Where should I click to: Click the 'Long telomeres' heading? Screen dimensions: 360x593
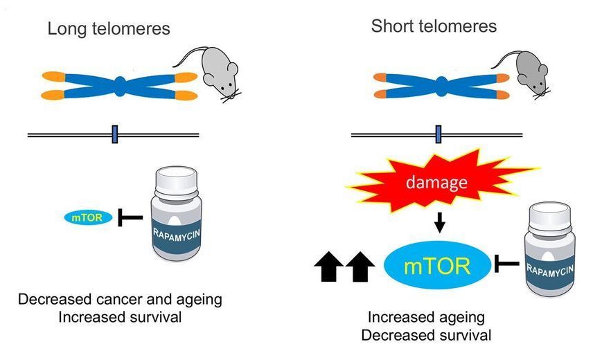point(108,29)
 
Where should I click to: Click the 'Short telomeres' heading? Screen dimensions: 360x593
point(434,27)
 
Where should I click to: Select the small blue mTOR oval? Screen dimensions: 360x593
point(84,217)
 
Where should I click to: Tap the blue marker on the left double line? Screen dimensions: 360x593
point(115,134)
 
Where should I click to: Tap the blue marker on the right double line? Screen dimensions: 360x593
point(438,134)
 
